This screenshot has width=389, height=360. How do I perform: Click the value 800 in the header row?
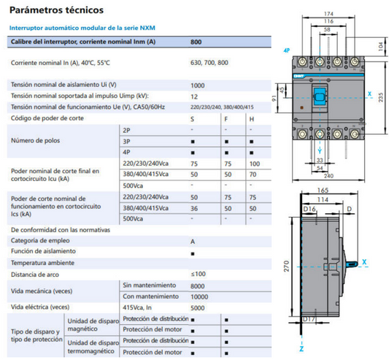pos(196,42)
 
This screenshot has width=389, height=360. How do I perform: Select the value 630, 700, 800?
pos(209,64)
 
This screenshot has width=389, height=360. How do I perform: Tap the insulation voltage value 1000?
pos(197,85)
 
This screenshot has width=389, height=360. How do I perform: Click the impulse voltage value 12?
pos(194,96)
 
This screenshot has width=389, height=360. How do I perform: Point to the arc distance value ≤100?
pos(198,274)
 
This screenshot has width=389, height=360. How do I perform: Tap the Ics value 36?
pos(193,208)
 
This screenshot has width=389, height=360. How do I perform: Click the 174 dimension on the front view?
pos(328,15)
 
